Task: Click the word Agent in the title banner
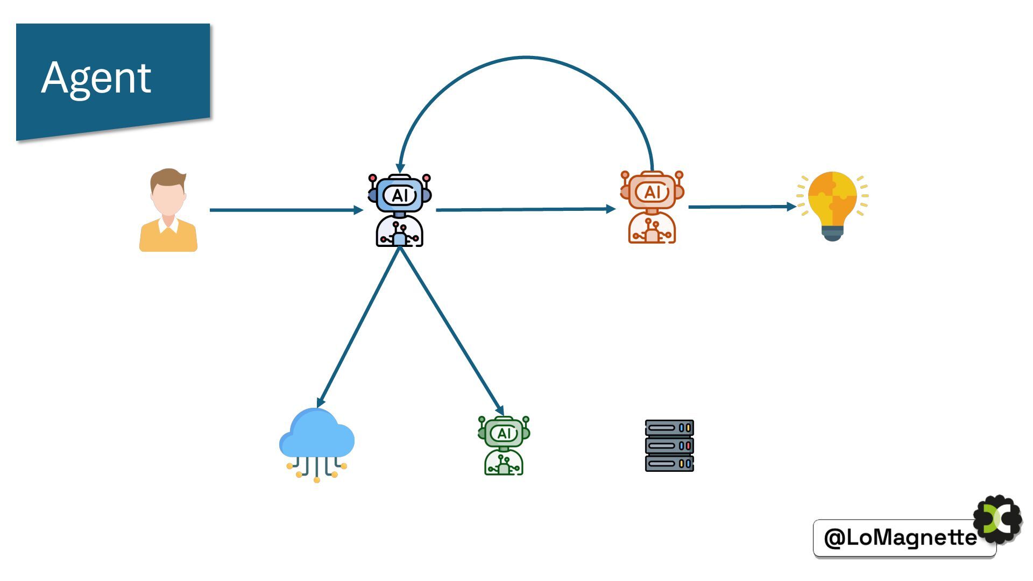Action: pos(96,78)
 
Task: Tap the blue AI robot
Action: pos(400,210)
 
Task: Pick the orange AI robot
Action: pos(652,207)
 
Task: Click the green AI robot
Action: pos(504,445)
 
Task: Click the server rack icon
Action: pos(669,446)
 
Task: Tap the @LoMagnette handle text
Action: pos(900,537)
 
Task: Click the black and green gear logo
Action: pos(998,520)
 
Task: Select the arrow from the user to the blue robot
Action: pos(285,210)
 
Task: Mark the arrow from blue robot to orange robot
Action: pos(525,209)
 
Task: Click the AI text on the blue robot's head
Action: pos(400,195)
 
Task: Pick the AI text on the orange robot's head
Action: pos(652,192)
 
